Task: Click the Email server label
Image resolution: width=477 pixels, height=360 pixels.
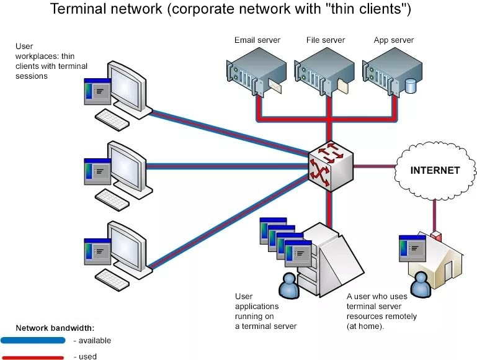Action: [x=257, y=40]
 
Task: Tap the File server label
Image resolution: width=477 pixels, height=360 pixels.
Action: [x=326, y=40]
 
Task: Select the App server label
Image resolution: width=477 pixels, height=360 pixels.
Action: [x=394, y=40]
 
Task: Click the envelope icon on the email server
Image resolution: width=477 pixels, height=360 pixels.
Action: [x=275, y=86]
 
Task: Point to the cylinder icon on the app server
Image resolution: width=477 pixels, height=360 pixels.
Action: [x=411, y=86]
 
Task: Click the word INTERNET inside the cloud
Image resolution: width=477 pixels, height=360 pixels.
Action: [x=435, y=171]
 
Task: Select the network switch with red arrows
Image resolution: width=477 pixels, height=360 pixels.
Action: [x=331, y=166]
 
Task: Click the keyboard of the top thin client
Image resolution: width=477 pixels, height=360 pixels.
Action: [x=112, y=120]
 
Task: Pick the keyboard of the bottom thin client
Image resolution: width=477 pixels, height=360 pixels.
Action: [x=112, y=279]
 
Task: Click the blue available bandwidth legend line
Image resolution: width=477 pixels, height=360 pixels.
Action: [x=33, y=340]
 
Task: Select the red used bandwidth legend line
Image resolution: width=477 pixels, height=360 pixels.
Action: [x=32, y=358]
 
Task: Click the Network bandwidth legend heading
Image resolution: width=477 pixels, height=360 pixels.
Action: [x=55, y=328]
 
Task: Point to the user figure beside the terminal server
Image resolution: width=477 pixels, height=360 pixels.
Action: [x=288, y=285]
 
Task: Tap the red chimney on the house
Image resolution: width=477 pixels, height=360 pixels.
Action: [x=436, y=236]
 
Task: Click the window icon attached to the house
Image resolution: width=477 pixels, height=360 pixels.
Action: [x=412, y=248]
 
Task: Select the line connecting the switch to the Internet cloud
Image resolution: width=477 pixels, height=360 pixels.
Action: [x=375, y=166]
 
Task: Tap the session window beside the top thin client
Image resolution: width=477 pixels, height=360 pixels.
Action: [x=97, y=91]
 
